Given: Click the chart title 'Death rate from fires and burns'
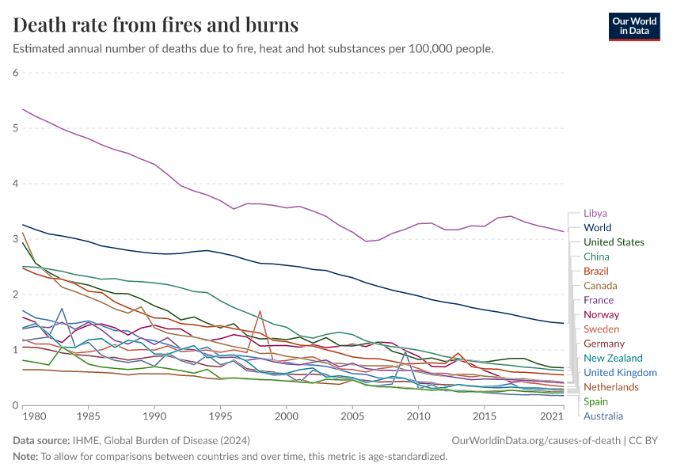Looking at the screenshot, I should pyautogui.click(x=156, y=25).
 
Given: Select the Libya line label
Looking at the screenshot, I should pyautogui.click(x=595, y=214).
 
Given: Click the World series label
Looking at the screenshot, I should pyautogui.click(x=597, y=228).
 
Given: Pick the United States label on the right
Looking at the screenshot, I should pyautogui.click(x=614, y=242).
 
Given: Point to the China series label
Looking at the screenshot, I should pyautogui.click(x=596, y=256).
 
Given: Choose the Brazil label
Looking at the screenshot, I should pyautogui.click(x=596, y=272).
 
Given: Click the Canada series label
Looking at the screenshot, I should pyautogui.click(x=600, y=286).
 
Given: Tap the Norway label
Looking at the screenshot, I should pyautogui.click(x=601, y=315).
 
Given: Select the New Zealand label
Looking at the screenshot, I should pyautogui.click(x=613, y=359).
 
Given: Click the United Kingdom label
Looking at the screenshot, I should pyautogui.click(x=620, y=373).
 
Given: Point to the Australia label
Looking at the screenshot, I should pyautogui.click(x=603, y=416).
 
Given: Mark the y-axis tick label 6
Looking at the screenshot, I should pyautogui.click(x=15, y=73).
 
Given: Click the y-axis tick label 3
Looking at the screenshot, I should pyautogui.click(x=15, y=239).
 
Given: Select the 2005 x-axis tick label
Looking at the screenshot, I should pyautogui.click(x=352, y=416).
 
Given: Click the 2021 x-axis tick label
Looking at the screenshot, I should pyautogui.click(x=552, y=416).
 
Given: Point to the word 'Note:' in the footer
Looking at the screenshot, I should pyautogui.click(x=26, y=456).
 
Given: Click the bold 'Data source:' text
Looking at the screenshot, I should pyautogui.click(x=42, y=440).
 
